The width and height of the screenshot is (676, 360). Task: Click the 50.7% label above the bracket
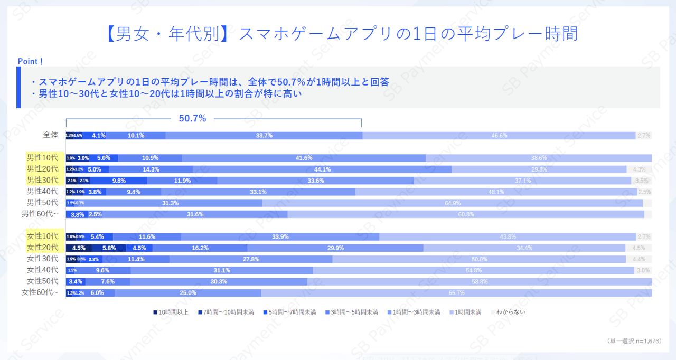tap(192, 118)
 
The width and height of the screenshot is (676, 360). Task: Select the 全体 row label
tap(51, 135)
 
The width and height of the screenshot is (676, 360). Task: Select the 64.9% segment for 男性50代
tap(453, 203)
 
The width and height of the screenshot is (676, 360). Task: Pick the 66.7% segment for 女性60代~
tap(456, 293)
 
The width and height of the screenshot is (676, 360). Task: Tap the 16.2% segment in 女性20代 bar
tap(200, 248)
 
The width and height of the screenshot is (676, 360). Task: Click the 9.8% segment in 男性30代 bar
tap(119, 181)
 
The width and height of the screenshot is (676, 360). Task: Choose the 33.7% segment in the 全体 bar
tap(264, 136)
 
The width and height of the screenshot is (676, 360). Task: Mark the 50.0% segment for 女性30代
tap(479, 259)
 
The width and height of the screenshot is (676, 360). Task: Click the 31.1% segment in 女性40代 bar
tap(222, 270)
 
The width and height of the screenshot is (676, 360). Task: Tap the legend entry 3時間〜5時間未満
tap(352, 312)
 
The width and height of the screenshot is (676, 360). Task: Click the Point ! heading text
tap(31, 62)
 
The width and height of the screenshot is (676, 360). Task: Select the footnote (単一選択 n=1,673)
tap(633, 342)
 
